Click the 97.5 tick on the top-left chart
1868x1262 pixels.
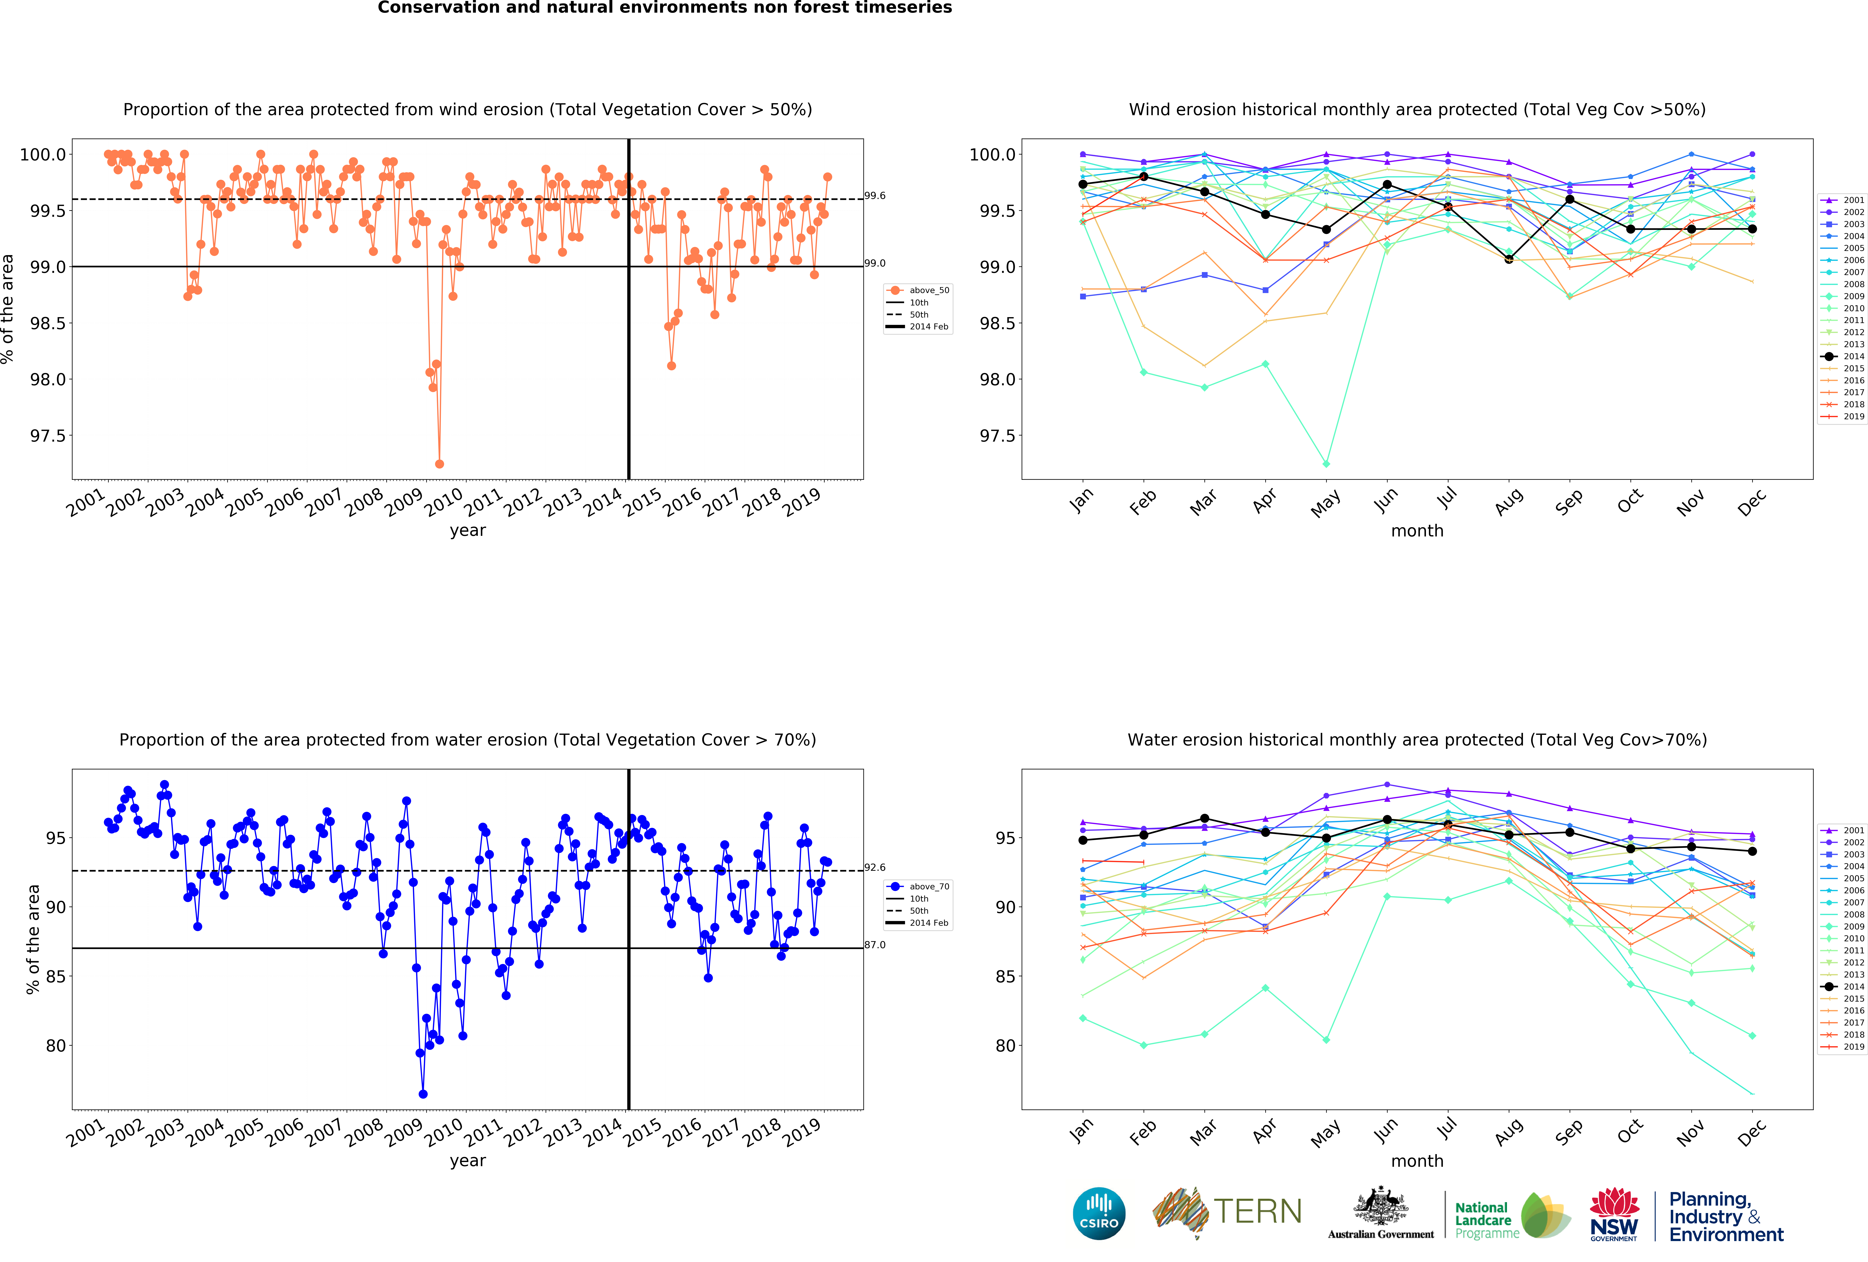click(48, 436)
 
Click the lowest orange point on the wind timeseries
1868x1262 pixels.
click(439, 464)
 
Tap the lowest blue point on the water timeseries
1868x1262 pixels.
click(423, 1094)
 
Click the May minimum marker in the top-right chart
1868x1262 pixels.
click(1326, 464)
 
